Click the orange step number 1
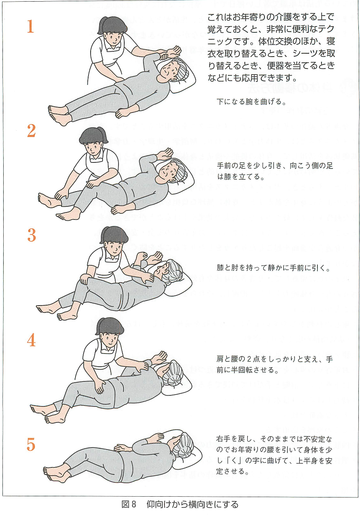click(30, 26)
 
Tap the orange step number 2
click(31, 130)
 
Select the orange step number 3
click(31, 235)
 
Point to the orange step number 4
click(31, 340)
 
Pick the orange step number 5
click(31, 445)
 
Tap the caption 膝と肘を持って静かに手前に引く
click(273, 268)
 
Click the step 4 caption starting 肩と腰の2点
click(274, 364)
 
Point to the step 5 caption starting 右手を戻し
click(274, 455)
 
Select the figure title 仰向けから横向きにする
click(192, 504)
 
